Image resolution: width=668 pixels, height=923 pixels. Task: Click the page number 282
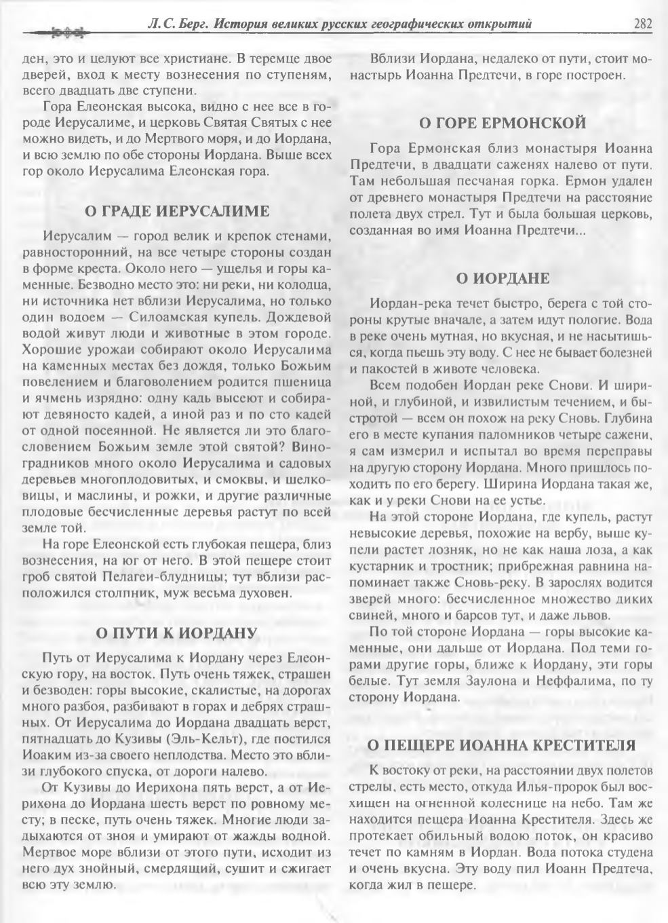point(643,24)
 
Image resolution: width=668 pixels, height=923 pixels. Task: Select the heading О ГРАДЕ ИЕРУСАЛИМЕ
point(176,211)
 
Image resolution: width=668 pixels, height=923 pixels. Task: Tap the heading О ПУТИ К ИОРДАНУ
point(176,633)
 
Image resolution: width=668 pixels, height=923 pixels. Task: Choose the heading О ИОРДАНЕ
point(502,278)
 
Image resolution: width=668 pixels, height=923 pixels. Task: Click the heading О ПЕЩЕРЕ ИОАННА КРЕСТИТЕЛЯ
point(502,745)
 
